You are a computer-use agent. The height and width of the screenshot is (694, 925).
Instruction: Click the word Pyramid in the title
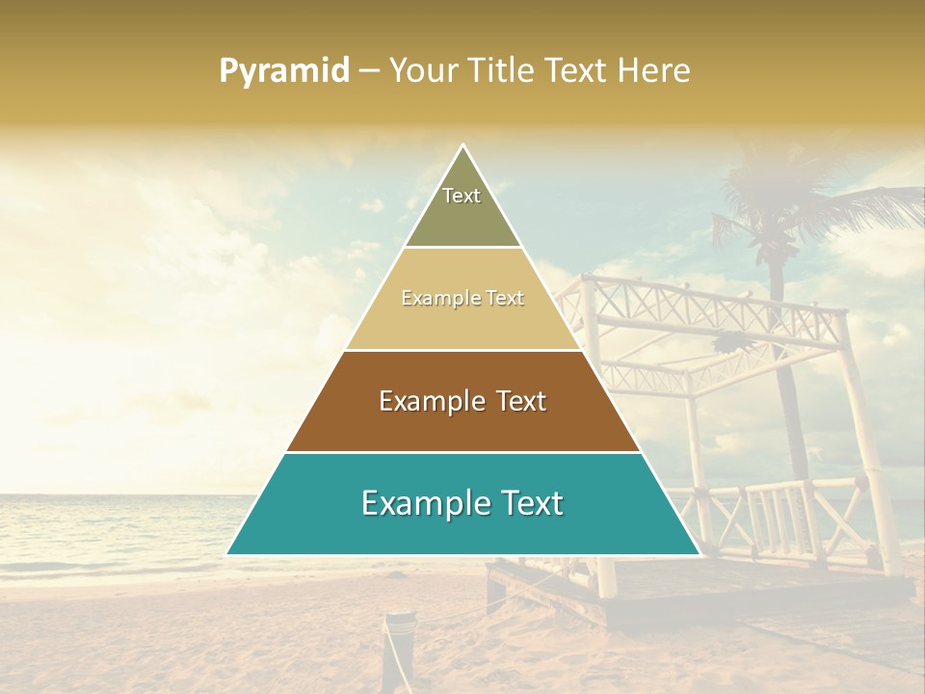click(x=283, y=71)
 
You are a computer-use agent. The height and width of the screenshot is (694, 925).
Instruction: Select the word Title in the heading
click(x=499, y=71)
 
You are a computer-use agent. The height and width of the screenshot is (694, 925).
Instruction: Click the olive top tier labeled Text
click(x=462, y=207)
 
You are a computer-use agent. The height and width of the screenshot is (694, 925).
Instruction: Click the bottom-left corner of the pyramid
click(x=228, y=553)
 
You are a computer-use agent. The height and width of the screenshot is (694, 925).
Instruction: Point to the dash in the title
click(x=369, y=71)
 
